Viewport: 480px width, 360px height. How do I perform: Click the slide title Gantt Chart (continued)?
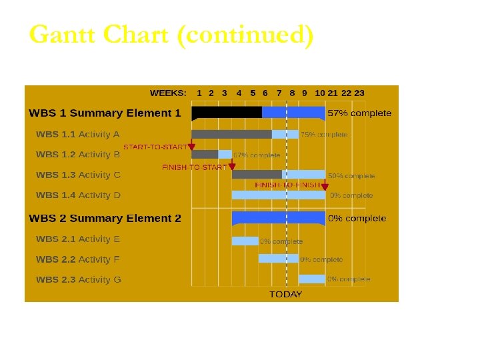click(x=171, y=35)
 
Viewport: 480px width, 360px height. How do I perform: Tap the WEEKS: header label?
click(x=168, y=94)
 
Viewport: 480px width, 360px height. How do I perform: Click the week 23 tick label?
click(x=359, y=94)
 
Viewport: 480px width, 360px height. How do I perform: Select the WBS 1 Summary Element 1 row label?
click(x=105, y=113)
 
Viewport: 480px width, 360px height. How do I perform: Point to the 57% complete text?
click(x=359, y=113)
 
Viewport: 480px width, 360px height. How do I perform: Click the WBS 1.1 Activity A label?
click(x=78, y=135)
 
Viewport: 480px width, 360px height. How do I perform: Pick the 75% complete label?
click(x=324, y=135)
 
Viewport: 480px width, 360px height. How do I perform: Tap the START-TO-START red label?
click(x=155, y=147)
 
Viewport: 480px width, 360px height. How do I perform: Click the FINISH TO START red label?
click(x=194, y=167)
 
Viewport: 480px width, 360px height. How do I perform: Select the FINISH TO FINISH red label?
click(x=287, y=185)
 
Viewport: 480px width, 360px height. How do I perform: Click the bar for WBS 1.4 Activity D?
click(x=278, y=195)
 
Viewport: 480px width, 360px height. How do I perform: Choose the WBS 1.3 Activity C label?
click(x=78, y=175)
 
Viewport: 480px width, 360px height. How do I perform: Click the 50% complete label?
click(x=351, y=176)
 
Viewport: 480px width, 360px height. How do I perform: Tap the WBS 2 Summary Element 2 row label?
click(x=105, y=219)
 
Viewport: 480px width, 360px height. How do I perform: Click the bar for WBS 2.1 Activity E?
click(x=245, y=241)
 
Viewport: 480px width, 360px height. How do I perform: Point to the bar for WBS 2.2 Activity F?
click(x=278, y=259)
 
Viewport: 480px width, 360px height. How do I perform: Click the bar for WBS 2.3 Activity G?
click(x=311, y=279)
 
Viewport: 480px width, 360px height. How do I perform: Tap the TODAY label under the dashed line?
click(x=285, y=295)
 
